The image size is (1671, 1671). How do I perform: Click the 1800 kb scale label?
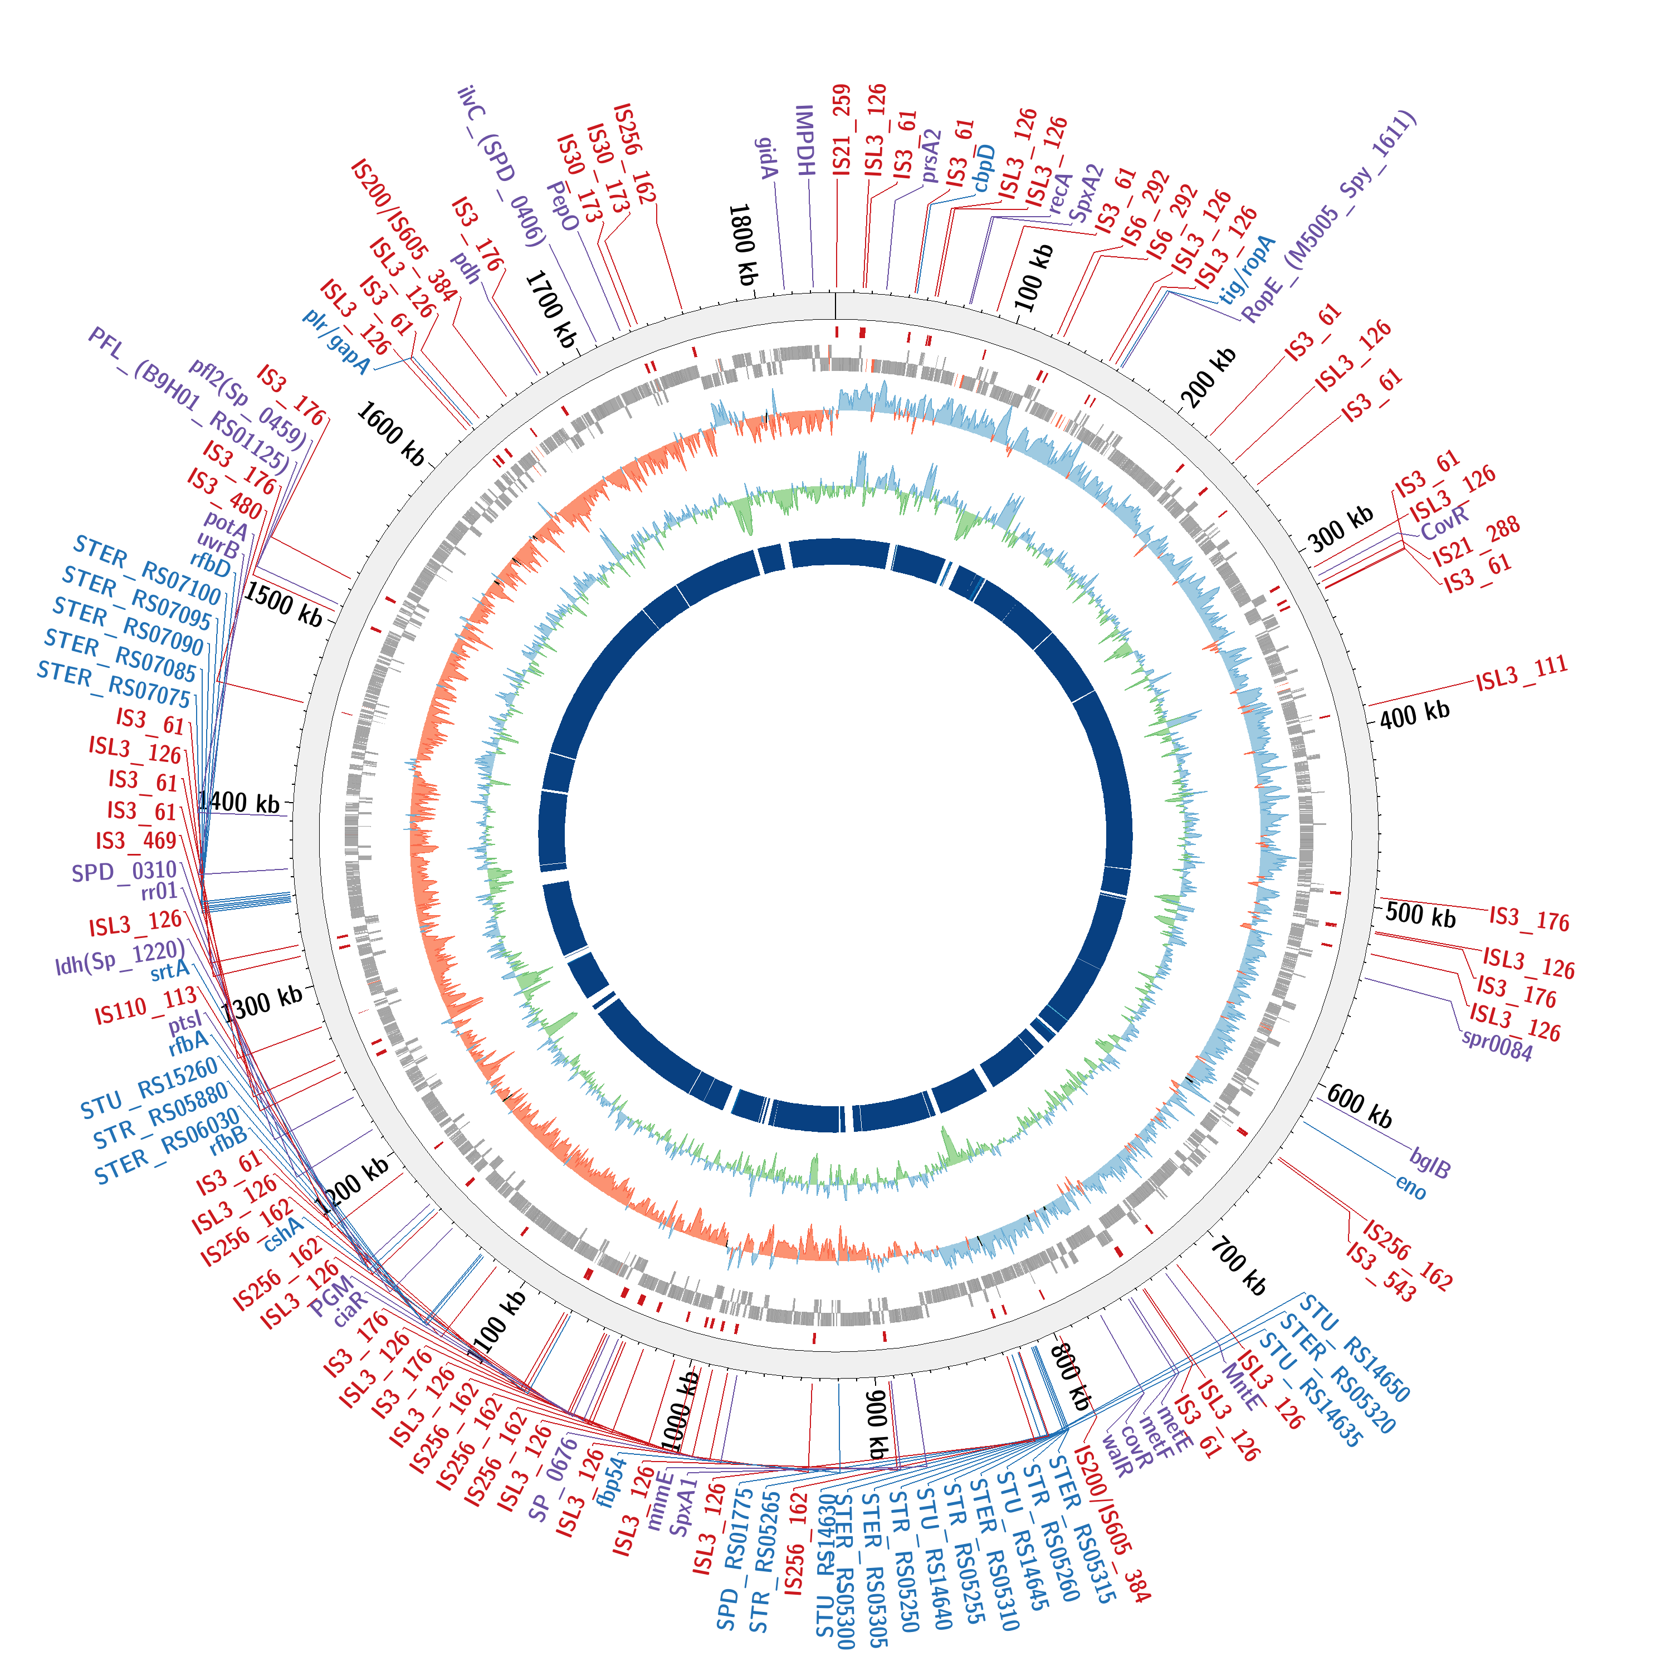pos(743,245)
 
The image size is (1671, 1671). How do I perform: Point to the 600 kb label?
pos(1360,1106)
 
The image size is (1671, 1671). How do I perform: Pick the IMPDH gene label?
pos(805,140)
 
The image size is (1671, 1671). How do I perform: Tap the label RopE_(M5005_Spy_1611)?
pos(1330,216)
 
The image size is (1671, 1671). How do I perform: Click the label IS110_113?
pos(145,1006)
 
